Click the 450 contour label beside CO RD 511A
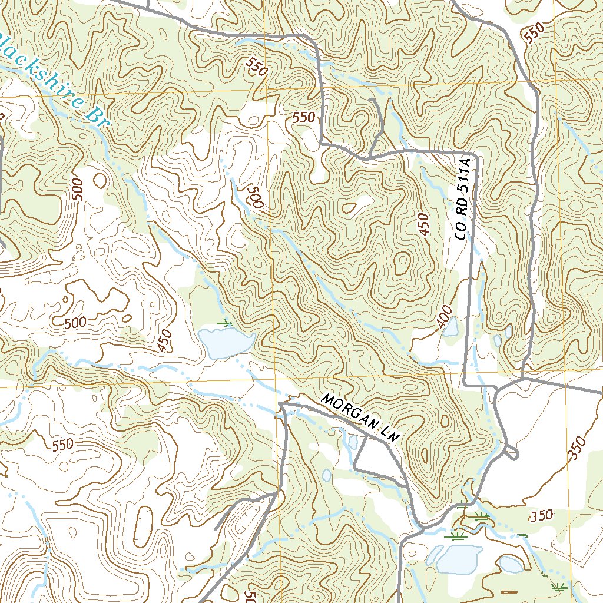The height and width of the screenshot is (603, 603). [x=425, y=224]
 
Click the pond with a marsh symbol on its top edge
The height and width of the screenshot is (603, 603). [x=226, y=342]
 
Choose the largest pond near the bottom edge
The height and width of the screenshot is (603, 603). [x=455, y=558]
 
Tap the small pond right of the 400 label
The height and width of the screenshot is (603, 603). [x=450, y=328]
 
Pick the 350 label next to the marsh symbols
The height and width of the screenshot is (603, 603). [x=541, y=516]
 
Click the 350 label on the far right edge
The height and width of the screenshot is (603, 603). [x=579, y=449]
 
